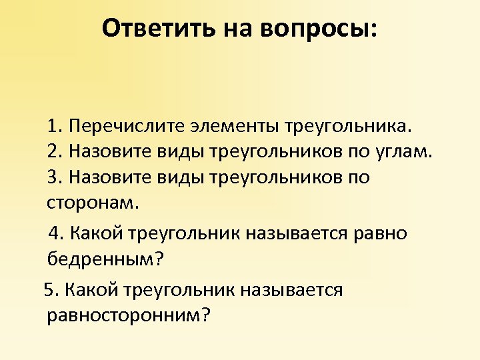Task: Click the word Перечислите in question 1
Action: pyautogui.click(x=122, y=126)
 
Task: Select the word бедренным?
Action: pyautogui.click(x=105, y=259)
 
